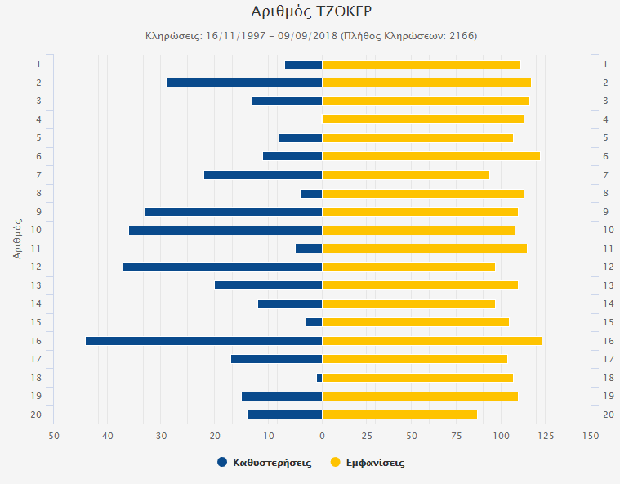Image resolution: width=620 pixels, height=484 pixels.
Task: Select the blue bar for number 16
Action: [203, 341]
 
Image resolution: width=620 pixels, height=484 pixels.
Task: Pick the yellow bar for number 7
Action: [406, 175]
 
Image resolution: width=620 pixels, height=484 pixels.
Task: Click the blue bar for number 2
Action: [244, 83]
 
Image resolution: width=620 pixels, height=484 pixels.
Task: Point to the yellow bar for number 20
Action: [399, 415]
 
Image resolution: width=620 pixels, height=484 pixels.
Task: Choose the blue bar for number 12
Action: [223, 267]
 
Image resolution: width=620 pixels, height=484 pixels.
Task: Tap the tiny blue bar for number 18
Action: [319, 378]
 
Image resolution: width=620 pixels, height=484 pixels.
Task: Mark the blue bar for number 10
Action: [225, 231]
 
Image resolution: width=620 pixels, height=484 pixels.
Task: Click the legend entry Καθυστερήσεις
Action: [272, 463]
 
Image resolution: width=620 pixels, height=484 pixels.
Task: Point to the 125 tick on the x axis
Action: [546, 435]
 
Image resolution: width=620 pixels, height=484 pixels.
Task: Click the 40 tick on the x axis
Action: [108, 435]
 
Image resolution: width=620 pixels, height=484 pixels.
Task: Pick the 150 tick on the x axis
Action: [591, 435]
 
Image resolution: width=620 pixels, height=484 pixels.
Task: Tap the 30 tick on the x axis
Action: [162, 435]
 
